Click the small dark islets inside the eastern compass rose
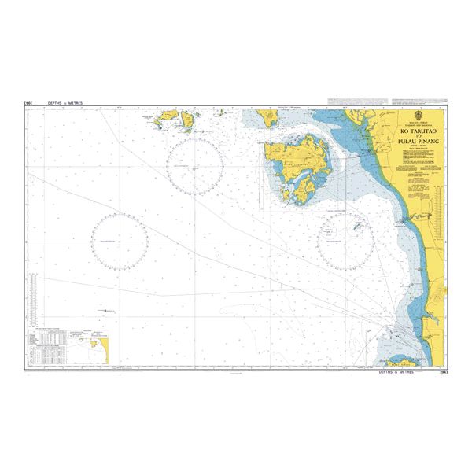point(359,228)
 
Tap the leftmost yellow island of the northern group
point(167,120)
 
